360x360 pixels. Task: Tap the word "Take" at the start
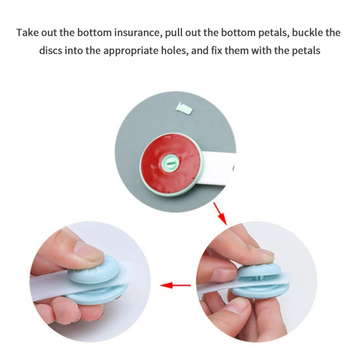pyautogui.click(x=27, y=32)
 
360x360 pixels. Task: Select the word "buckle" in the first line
pyautogui.click(x=307, y=32)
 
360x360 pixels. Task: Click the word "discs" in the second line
pyautogui.click(x=50, y=50)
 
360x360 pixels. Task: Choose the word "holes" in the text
pyautogui.click(x=175, y=50)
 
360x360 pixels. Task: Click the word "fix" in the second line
pyautogui.click(x=216, y=50)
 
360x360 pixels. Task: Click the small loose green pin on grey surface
pyautogui.click(x=184, y=108)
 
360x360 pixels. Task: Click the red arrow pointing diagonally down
pyautogui.click(x=220, y=213)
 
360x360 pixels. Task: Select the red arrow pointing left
pyautogui.click(x=175, y=285)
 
